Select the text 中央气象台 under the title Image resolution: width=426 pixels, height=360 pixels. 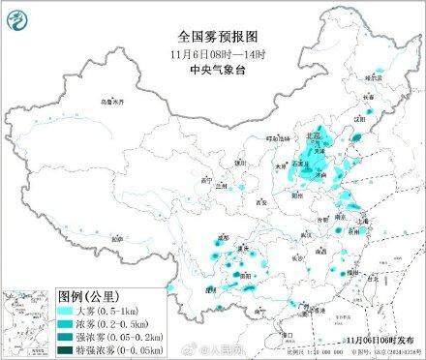coord(212,45)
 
